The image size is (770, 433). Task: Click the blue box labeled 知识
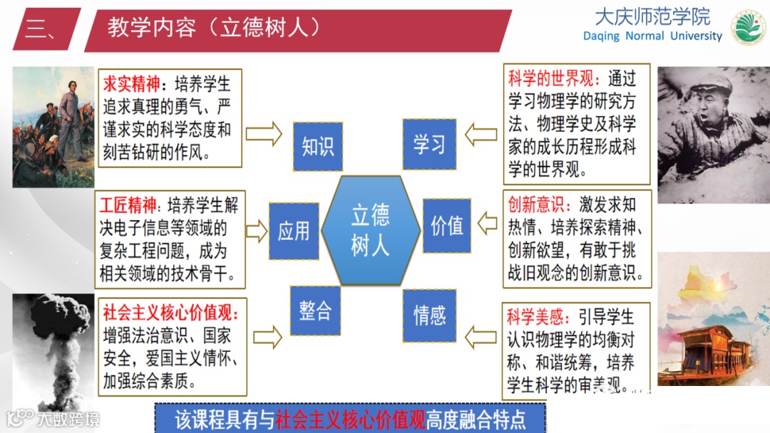(318, 147)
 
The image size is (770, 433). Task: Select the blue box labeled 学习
(429, 145)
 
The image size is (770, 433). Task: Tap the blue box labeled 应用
(294, 231)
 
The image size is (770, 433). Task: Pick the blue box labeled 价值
(447, 226)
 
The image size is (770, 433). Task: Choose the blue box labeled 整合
(315, 311)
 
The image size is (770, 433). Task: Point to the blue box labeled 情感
(429, 314)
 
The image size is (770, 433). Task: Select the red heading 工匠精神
(129, 207)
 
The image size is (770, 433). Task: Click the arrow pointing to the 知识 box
(264, 133)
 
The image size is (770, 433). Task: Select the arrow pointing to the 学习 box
(481, 133)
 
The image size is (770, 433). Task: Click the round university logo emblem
(749, 27)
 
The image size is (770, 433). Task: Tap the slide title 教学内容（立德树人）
(214, 28)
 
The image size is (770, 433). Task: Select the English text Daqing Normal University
(652, 36)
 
